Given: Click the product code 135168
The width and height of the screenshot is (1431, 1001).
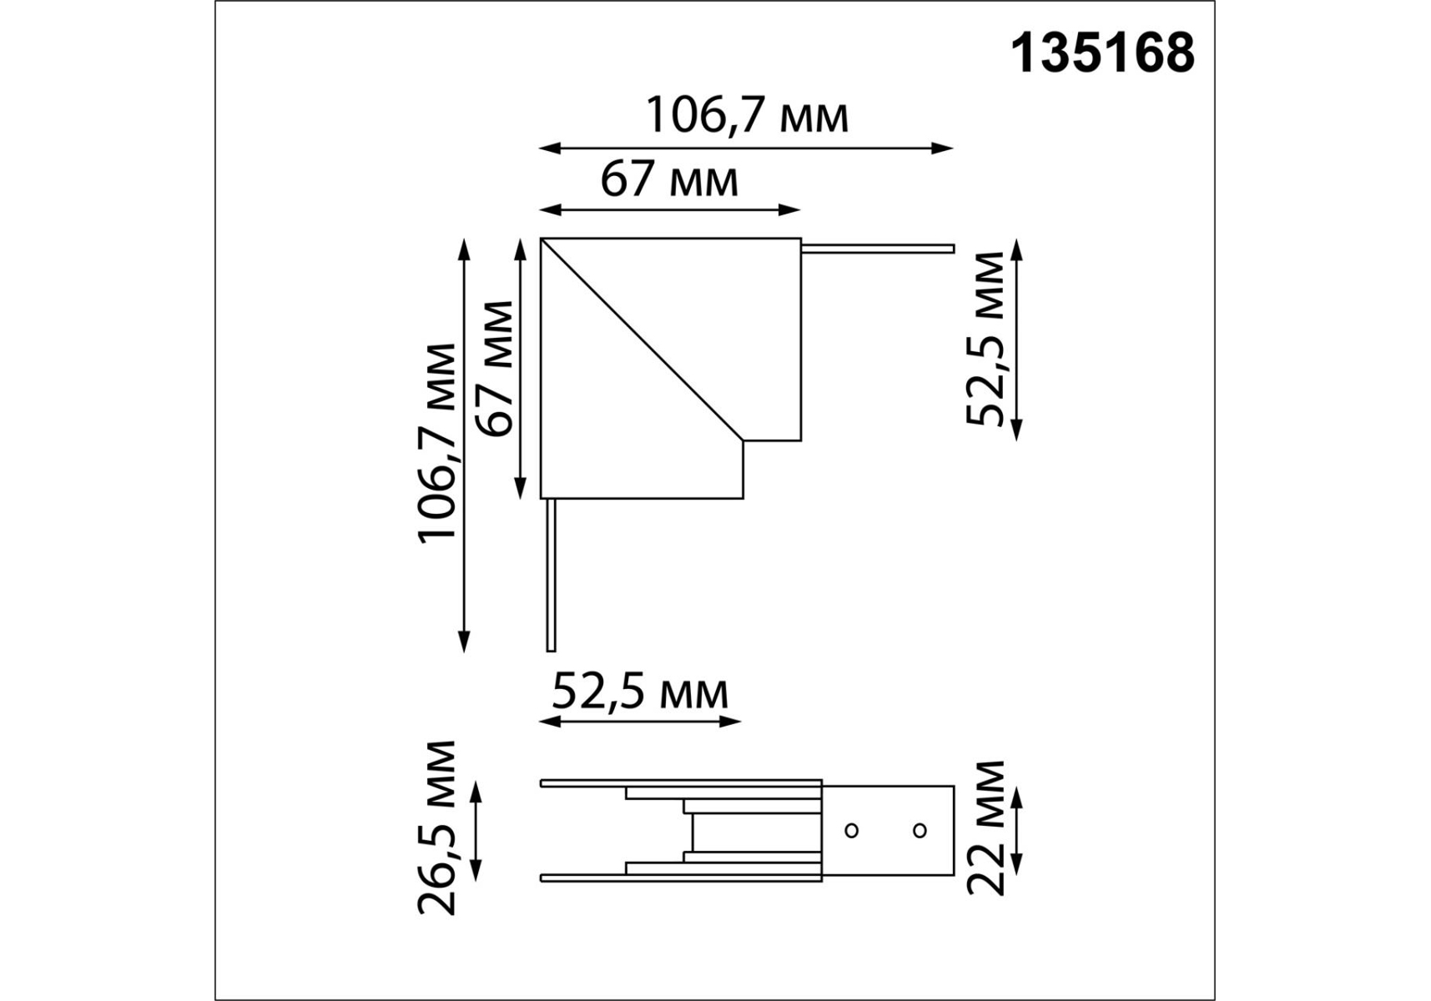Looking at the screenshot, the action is click(x=1102, y=54).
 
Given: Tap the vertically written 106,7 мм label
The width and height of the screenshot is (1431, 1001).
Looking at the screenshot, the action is click(x=438, y=442).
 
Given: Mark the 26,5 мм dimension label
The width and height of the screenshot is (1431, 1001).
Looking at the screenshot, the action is click(x=438, y=827).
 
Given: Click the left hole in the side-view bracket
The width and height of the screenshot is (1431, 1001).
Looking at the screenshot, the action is click(x=852, y=831).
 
